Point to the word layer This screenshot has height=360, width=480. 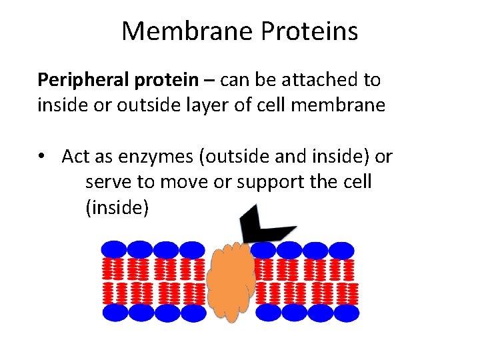click(190, 105)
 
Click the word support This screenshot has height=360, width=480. click(270, 182)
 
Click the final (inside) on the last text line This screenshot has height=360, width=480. click(117, 208)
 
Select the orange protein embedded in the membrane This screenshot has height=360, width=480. click(230, 280)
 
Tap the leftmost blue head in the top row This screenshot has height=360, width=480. click(114, 250)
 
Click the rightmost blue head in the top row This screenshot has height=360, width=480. click(341, 251)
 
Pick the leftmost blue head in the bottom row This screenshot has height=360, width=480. click(115, 313)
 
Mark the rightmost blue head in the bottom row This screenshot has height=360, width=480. click(345, 313)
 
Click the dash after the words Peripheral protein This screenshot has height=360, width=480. click(209, 81)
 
